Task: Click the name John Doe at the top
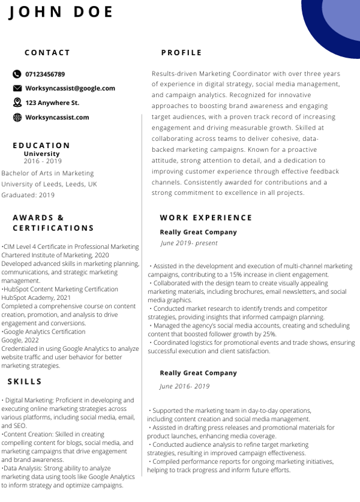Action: click(61, 12)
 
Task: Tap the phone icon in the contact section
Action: click(17, 74)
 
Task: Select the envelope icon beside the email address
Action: click(17, 88)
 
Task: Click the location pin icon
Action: click(17, 103)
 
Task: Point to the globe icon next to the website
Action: click(17, 118)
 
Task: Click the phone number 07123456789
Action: click(45, 74)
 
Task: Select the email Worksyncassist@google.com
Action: click(70, 88)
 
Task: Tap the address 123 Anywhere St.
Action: click(52, 103)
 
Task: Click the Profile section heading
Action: click(182, 53)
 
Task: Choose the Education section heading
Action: click(41, 145)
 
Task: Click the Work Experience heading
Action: click(206, 218)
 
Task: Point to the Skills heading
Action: click(25, 381)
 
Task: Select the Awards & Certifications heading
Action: click(53, 223)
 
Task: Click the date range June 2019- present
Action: click(189, 244)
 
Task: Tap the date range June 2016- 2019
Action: click(185, 386)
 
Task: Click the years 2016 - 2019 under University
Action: click(43, 161)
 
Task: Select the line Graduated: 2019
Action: click(28, 195)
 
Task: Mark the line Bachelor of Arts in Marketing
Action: click(48, 173)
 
